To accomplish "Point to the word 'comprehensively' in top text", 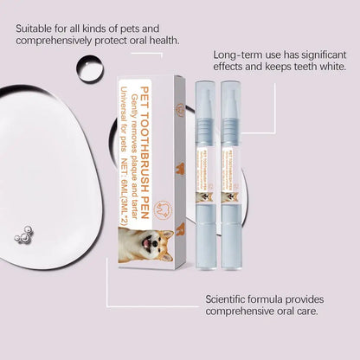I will click(65, 40).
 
